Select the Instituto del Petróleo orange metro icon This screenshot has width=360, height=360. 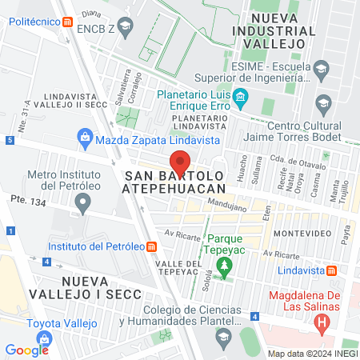click(x=153, y=246)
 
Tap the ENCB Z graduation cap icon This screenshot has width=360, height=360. click(x=126, y=27)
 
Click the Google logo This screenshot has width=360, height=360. click(x=26, y=350)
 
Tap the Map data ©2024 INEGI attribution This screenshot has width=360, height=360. click(x=312, y=354)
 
